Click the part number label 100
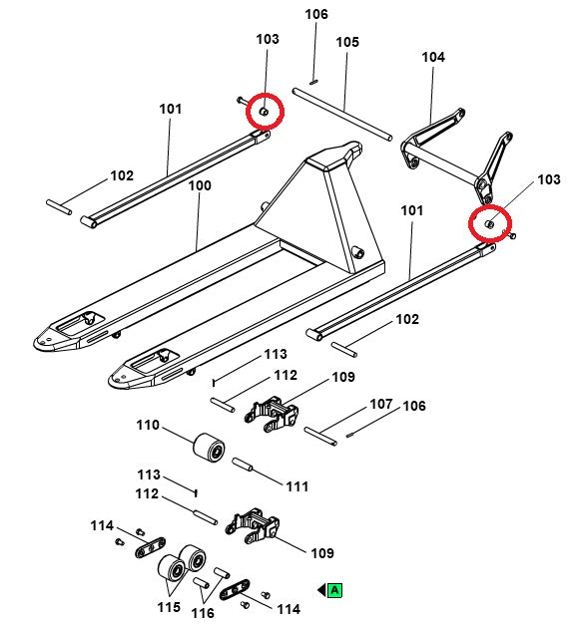point(200,185)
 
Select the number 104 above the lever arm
point(433,57)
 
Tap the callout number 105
point(347,42)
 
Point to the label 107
point(381,404)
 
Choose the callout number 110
point(148,425)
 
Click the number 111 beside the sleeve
point(297,486)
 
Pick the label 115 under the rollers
point(169,607)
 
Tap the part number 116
point(203,613)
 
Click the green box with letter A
point(334,590)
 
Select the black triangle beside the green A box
point(321,590)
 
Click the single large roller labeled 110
point(209,449)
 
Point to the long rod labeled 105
point(342,115)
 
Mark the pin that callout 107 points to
point(320,437)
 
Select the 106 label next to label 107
point(414,406)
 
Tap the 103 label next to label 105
point(268,39)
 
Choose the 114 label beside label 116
point(289,609)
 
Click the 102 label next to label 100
point(122,175)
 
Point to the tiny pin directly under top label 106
point(314,82)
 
